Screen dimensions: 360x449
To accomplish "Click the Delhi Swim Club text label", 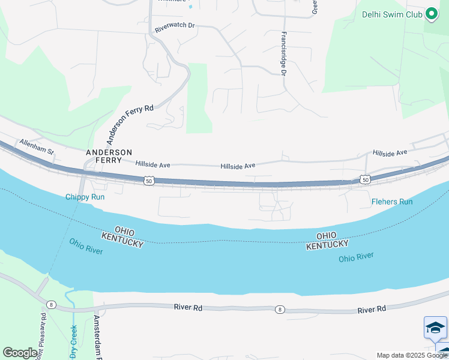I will pyautogui.click(x=391, y=14).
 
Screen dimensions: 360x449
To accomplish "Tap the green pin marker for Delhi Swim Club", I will pyautogui.click(x=431, y=14).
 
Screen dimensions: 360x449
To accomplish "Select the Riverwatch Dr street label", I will pyautogui.click(x=175, y=27).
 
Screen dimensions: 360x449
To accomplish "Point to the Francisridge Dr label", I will pyautogui.click(x=283, y=54).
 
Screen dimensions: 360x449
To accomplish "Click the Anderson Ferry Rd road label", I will pyautogui.click(x=130, y=124).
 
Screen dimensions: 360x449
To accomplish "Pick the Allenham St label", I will pyautogui.click(x=37, y=146).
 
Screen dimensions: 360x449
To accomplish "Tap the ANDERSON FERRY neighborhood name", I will pyautogui.click(x=109, y=157).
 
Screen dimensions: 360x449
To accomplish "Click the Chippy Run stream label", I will pyautogui.click(x=85, y=197).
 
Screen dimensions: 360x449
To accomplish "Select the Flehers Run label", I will pyautogui.click(x=392, y=202).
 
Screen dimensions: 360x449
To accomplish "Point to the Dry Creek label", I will pyautogui.click(x=74, y=341).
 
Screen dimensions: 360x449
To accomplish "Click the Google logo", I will pyautogui.click(x=20, y=353).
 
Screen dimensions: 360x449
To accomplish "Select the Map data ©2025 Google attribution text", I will pyautogui.click(x=412, y=355).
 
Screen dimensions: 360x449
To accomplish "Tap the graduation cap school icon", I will pyautogui.click(x=435, y=328).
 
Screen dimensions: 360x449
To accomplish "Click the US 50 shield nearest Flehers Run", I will pyautogui.click(x=365, y=179).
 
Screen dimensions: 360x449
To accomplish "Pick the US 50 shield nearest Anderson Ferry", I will pyautogui.click(x=149, y=180).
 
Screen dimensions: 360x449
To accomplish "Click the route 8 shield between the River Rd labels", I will pyautogui.click(x=280, y=310).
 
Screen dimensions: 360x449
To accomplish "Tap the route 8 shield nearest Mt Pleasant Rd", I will pyautogui.click(x=52, y=305).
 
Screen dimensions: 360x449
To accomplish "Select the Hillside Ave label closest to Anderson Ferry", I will pyautogui.click(x=153, y=164).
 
